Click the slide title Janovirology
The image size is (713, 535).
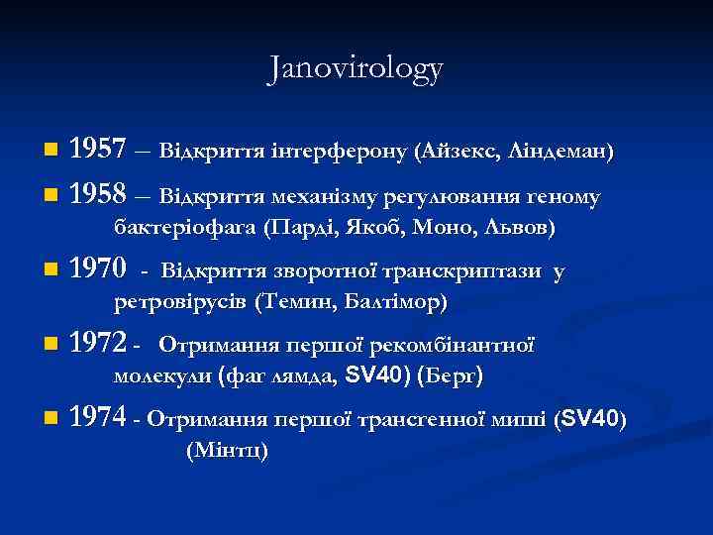tap(356, 68)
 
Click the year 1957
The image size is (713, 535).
tap(99, 152)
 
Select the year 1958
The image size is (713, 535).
tap(99, 194)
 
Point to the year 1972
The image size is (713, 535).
tap(99, 345)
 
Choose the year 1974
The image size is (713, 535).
tap(99, 419)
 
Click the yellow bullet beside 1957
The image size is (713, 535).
tap(51, 152)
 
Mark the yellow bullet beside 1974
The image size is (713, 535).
tap(51, 419)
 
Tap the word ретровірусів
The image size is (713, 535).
tap(179, 300)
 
